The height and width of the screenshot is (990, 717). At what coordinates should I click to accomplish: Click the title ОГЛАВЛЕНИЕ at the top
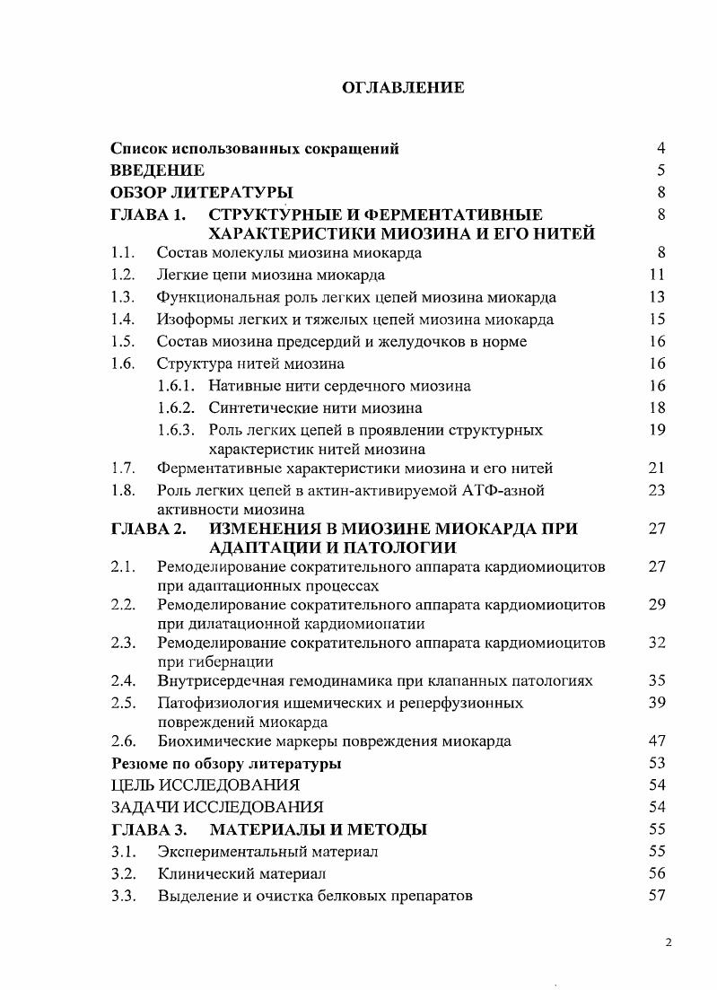pos(403,87)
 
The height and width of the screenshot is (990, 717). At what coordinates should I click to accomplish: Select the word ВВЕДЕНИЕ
pos(157,170)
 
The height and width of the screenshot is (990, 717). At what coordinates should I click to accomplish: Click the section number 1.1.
pos(122,253)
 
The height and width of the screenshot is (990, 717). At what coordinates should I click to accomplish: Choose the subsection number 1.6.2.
pos(175,408)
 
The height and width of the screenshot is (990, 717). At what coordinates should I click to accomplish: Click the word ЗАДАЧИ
pos(141,807)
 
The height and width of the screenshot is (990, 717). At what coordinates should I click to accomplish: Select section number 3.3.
pos(122,895)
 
